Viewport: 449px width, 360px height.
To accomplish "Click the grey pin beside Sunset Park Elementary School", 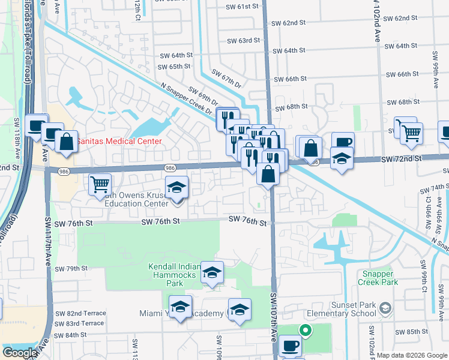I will tap(385, 308).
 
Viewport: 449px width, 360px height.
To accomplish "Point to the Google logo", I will tap(19, 353).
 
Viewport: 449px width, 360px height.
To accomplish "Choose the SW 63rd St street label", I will tap(243, 41).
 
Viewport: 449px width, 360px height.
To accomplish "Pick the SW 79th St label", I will tap(73, 268).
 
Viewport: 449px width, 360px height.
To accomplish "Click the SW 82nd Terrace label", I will tap(80, 313).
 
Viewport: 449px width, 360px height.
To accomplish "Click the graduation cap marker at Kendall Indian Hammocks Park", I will tap(211, 271).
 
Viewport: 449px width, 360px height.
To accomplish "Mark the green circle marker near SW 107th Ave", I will tap(305, 329).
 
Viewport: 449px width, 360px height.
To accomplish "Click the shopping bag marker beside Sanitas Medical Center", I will tap(67, 142).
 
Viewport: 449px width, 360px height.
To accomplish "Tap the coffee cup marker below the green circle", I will tap(291, 345).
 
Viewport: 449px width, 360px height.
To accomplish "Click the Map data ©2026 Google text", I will tap(411, 355).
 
